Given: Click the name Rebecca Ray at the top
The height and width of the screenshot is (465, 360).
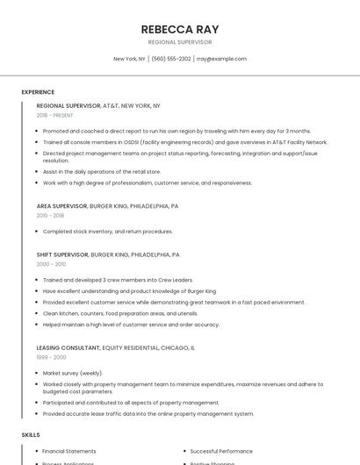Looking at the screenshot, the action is coord(179,28).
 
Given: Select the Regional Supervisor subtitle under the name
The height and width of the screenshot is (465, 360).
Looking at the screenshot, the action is coord(179,41).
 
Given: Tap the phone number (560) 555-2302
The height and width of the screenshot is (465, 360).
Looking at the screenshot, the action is coord(170,59).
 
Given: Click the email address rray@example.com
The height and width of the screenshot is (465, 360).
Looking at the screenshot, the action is coord(221,59).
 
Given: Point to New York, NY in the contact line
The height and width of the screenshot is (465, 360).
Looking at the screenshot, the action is coord(129,59).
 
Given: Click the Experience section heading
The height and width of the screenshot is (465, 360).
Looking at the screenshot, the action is coord(38,92).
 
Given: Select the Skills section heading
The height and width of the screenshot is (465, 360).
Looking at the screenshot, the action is coord(31,434).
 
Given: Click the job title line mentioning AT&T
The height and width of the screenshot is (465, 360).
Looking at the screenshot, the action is coord(98,105).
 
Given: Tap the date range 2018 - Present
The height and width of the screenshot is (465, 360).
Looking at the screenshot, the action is coord(56,115).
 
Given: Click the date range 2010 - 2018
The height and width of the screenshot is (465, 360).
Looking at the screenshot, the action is coord(50,216).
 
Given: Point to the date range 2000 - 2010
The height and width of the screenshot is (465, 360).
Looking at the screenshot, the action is coord(51,264).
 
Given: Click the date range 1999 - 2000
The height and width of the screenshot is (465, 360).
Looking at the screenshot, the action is coord(51,357).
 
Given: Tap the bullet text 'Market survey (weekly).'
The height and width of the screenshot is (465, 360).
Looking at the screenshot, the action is coord(73,373).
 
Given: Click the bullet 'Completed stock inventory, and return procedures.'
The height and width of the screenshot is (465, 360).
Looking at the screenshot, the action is coord(107,232).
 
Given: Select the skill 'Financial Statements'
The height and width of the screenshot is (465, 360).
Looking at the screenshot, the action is coord(69,451).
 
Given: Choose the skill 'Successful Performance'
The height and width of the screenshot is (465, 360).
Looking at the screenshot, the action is coord(220,451).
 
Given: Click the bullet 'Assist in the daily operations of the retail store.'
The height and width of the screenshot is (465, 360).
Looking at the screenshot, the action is coord(102,172).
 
